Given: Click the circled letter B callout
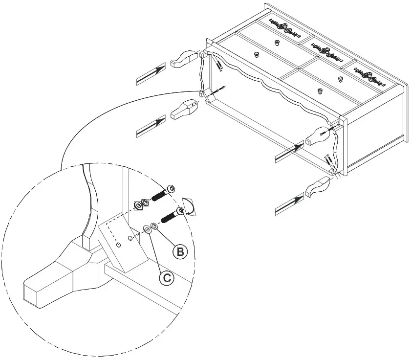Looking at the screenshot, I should [180, 251].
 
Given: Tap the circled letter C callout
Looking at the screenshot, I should [167, 278].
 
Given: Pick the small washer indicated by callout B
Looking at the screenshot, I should [154, 225].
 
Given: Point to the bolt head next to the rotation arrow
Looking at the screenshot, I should [181, 211].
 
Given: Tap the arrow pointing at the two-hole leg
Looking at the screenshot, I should [151, 126].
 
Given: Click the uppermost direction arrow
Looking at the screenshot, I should [151, 74].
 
